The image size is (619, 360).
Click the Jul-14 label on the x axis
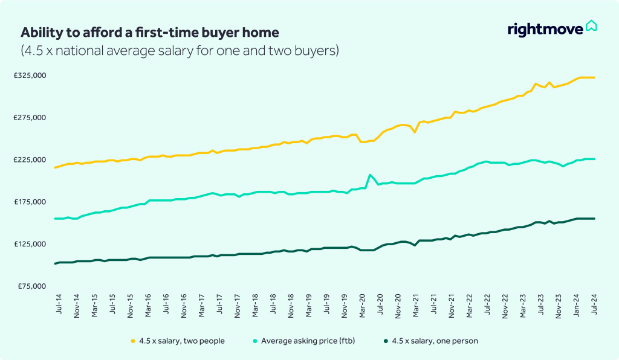click(58, 305)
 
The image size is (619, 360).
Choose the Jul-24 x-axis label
click(595, 305)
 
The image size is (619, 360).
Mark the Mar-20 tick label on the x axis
click(363, 306)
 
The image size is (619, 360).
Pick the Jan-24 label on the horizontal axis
click(577, 306)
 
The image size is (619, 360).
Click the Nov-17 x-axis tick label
click(238, 306)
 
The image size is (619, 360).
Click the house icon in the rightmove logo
click(591, 27)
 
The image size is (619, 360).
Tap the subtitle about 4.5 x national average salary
click(180, 51)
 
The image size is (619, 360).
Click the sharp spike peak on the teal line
click(369, 175)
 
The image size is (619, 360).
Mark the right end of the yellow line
click(595, 77)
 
